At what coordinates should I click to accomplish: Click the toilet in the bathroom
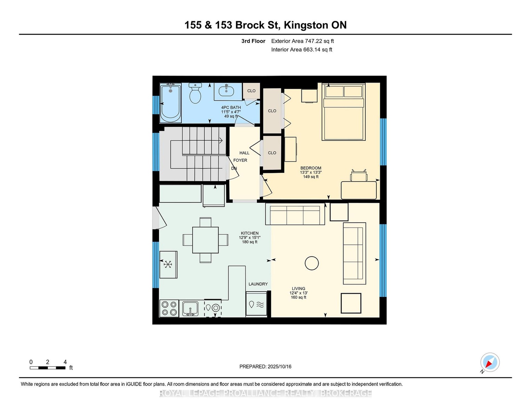(x=195, y=93)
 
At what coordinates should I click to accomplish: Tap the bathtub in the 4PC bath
(x=170, y=103)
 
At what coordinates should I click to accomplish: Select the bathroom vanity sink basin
(x=226, y=91)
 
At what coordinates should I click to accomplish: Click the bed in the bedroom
(x=343, y=112)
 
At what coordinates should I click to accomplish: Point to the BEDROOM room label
(x=311, y=168)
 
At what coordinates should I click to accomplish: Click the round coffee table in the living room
(x=312, y=263)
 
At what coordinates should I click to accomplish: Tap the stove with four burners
(x=169, y=308)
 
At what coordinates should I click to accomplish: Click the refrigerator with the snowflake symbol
(x=168, y=264)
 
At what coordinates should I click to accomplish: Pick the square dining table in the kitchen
(x=205, y=240)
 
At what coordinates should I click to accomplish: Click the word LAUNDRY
(x=258, y=284)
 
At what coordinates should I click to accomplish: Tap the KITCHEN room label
(x=249, y=233)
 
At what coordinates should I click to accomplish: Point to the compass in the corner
(x=490, y=362)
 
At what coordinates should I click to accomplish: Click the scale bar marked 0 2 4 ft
(x=48, y=368)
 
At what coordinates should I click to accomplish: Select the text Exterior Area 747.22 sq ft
(x=302, y=41)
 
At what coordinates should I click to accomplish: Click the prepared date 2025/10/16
(x=279, y=366)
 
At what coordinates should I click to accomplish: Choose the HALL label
(x=244, y=153)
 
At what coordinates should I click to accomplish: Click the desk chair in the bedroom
(x=359, y=175)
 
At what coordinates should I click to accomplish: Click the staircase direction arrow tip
(x=222, y=140)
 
